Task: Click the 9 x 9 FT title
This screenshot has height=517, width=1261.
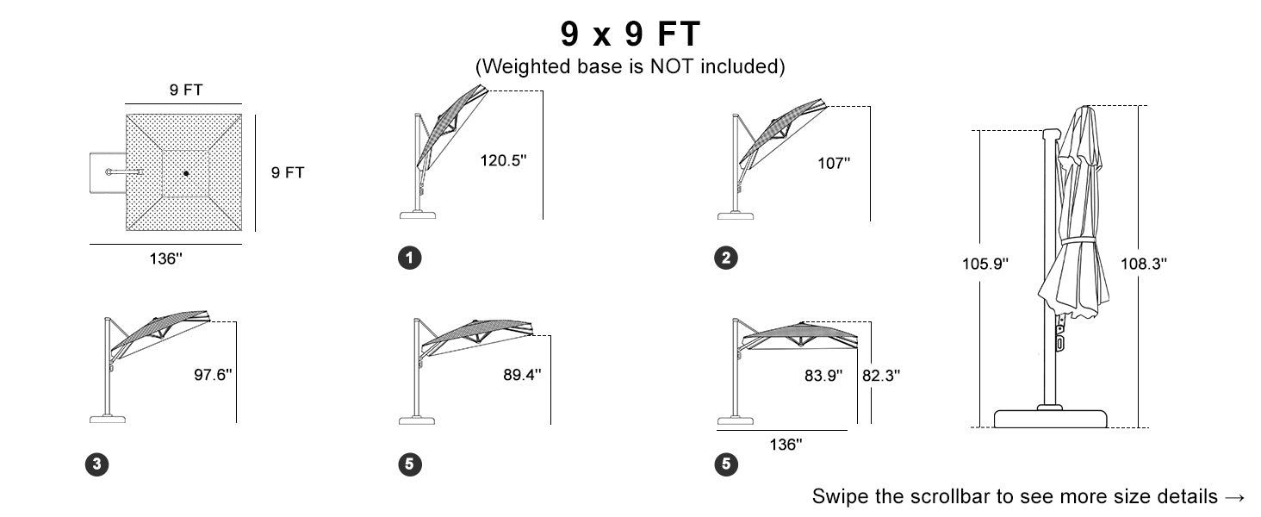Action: (630, 34)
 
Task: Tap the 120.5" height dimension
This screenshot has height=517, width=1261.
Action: (503, 160)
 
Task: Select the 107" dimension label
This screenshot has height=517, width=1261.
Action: (834, 164)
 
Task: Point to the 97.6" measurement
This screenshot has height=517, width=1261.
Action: (213, 375)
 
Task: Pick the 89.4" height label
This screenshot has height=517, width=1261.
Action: (522, 375)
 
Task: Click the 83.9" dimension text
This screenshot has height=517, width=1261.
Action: (823, 376)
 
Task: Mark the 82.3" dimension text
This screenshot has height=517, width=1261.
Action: (881, 376)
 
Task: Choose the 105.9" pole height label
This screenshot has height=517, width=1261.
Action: (985, 264)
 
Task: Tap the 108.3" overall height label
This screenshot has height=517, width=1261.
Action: (1143, 264)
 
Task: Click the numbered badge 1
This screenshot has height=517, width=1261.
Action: (410, 258)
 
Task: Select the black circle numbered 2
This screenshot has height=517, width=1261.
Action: (726, 258)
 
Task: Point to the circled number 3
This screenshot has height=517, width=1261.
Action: (96, 464)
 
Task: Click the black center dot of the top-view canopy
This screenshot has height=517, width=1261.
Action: (186, 173)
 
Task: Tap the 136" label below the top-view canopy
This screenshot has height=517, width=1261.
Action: (166, 258)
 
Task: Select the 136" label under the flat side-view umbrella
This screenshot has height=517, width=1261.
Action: (786, 445)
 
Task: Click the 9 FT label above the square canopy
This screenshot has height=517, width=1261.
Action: (186, 90)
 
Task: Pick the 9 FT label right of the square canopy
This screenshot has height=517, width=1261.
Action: (288, 172)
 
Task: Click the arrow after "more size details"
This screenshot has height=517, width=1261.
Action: (1235, 497)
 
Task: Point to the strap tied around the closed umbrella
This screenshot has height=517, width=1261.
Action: (1078, 241)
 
